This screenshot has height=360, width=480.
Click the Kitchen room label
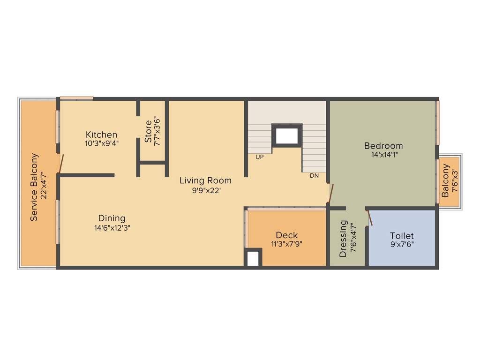coord(101,135)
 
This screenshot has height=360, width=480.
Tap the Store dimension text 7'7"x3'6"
coord(157,133)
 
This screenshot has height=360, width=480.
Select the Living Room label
coord(205,180)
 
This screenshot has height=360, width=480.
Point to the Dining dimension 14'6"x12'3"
coord(112,228)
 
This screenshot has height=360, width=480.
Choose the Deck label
coord(286,235)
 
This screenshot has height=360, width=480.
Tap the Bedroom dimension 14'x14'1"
coord(383,154)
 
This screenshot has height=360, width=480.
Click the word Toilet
coord(402,236)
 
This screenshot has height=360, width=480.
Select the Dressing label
coord(343,239)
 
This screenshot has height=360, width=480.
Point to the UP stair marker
coord(259,157)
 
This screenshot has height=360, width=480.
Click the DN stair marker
coord(314,176)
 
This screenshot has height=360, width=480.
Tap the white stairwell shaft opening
coord(287,136)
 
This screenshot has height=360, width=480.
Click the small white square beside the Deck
coord(253,259)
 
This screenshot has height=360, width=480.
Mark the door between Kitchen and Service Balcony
coord(60,164)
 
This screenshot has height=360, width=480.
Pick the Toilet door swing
coord(369,218)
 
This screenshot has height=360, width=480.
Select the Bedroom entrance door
coord(331,194)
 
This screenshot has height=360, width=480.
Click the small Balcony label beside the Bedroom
coord(445,181)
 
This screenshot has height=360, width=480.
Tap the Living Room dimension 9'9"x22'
coord(205,190)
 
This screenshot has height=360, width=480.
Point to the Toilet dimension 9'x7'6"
coord(402,245)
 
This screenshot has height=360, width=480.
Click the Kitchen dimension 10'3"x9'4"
coord(102,143)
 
